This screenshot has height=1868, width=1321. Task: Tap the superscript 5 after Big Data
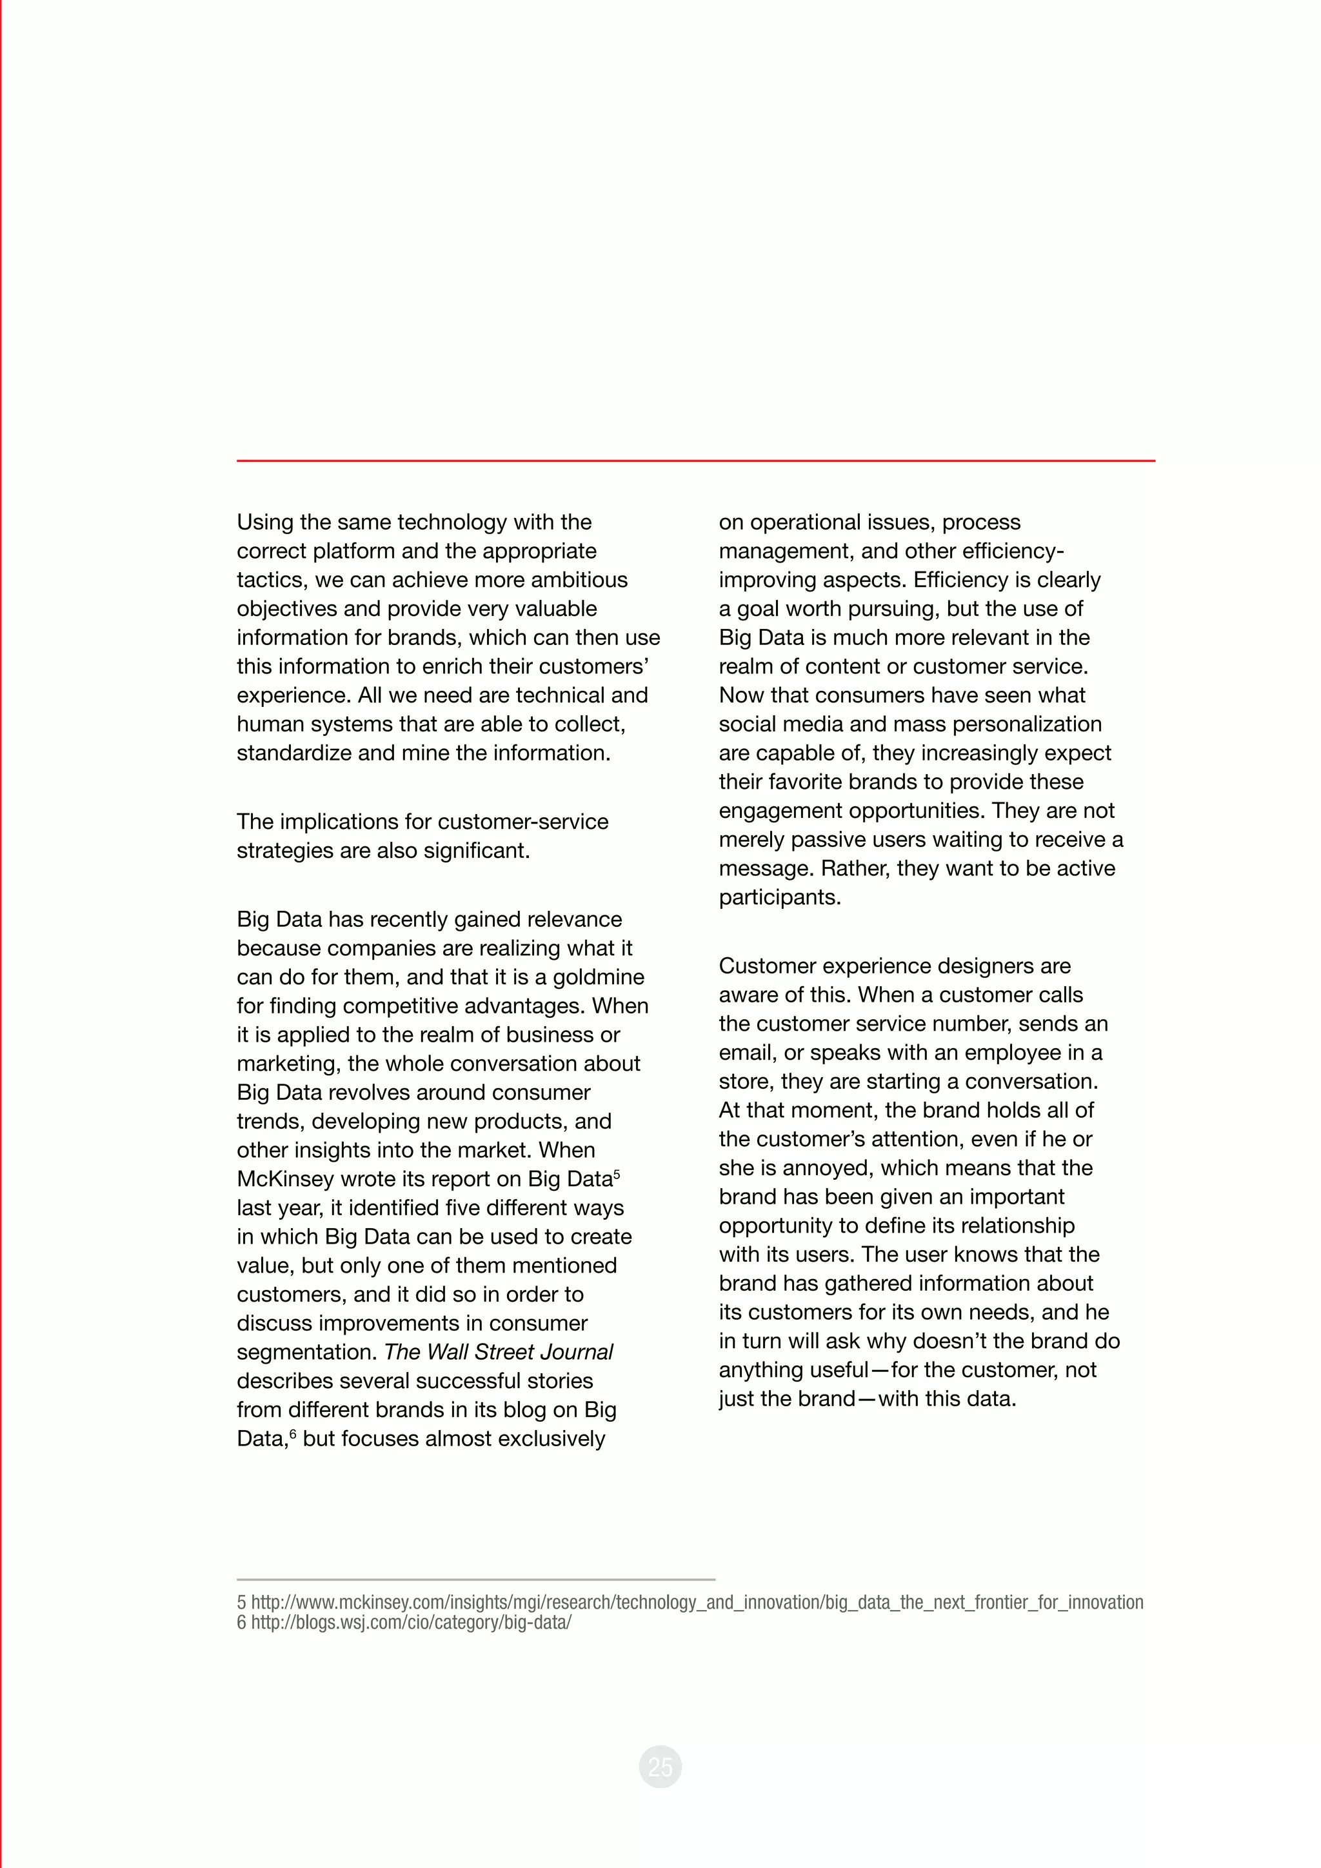(617, 1174)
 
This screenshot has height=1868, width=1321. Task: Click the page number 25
(660, 1766)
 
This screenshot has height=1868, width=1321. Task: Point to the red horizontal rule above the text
(695, 461)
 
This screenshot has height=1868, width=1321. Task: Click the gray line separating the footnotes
(476, 1579)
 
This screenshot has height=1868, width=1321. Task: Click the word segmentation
(306, 1352)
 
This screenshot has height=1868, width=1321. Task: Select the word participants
(779, 897)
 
